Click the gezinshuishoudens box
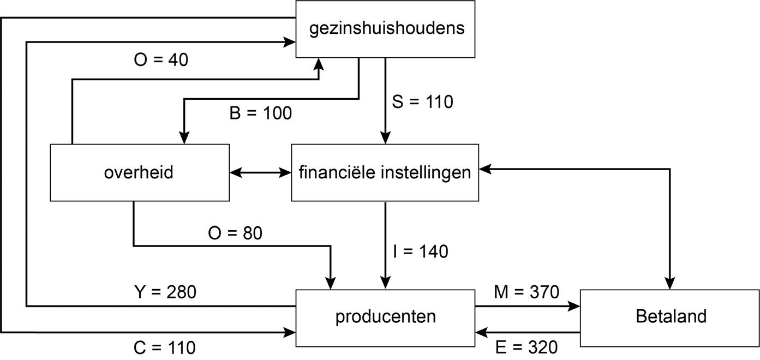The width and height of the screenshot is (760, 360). (385, 29)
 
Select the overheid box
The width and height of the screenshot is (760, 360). (139, 172)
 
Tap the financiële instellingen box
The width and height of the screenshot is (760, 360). (385, 172)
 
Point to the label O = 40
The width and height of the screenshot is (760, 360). (161, 59)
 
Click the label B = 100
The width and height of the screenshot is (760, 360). (260, 113)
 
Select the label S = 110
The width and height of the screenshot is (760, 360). (422, 101)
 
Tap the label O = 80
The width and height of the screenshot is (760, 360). (235, 233)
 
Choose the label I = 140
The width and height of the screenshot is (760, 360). (420, 251)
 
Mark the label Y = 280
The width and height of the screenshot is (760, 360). (165, 292)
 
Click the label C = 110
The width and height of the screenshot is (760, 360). (164, 347)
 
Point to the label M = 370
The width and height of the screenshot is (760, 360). (526, 292)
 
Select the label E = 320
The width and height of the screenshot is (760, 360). (526, 347)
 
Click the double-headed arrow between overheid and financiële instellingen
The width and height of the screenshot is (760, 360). (260, 173)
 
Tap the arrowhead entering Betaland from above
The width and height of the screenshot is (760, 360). (669, 284)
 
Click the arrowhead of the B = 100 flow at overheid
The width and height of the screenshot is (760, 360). (184, 139)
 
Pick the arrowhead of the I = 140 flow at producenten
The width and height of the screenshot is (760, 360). (386, 284)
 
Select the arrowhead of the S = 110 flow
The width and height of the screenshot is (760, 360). (386, 139)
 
